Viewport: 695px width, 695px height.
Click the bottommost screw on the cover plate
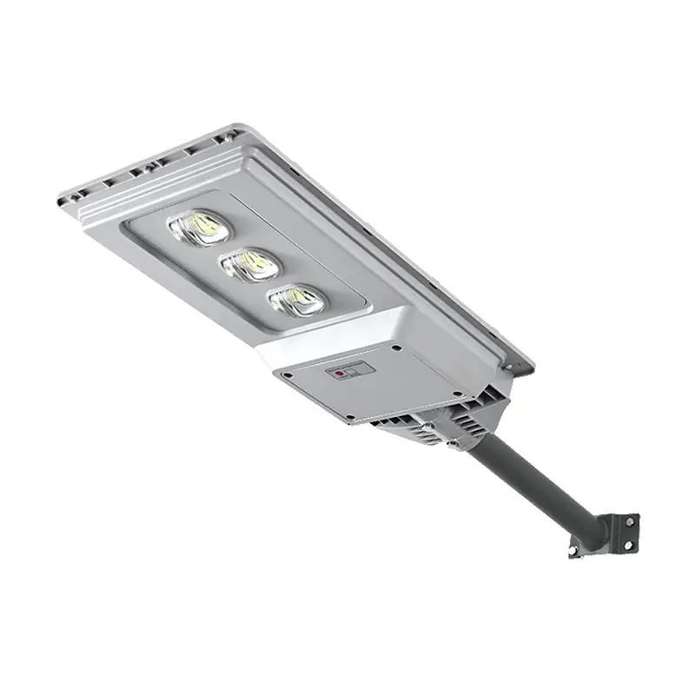350,418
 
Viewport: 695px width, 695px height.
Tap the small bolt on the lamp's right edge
453,446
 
